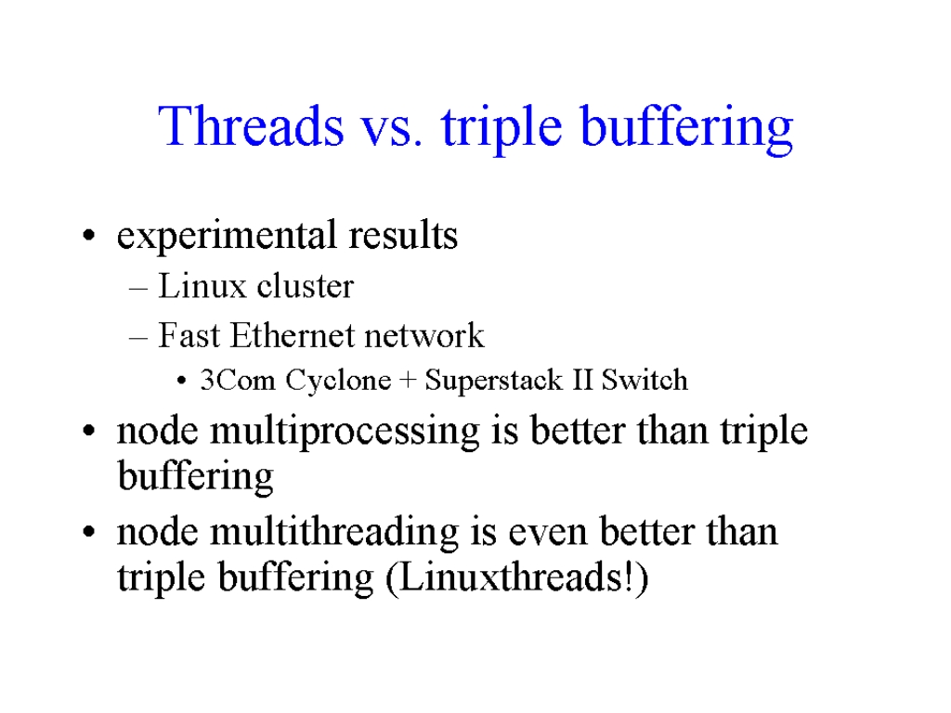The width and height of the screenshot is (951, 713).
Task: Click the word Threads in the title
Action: pyautogui.click(x=251, y=125)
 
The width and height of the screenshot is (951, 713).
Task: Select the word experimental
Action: pyautogui.click(x=227, y=236)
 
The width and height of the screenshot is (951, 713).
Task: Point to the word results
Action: pyautogui.click(x=403, y=235)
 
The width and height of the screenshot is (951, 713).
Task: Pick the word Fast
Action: pyautogui.click(x=189, y=335)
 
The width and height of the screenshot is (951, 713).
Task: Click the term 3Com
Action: pyautogui.click(x=238, y=380)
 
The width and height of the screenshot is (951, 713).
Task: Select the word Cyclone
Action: pyautogui.click(x=338, y=382)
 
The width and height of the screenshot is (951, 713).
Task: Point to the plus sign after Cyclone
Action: pyautogui.click(x=409, y=381)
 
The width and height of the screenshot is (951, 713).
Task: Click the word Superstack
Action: pyautogui.click(x=494, y=382)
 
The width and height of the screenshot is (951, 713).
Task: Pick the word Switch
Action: pyautogui.click(x=645, y=380)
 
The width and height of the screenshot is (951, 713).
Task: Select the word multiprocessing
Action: pyautogui.click(x=345, y=433)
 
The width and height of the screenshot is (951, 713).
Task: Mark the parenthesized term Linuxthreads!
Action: pyautogui.click(x=516, y=577)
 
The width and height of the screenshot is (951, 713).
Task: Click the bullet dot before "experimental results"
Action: pyautogui.click(x=89, y=235)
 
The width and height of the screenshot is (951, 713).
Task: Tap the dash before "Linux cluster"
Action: pyautogui.click(x=138, y=289)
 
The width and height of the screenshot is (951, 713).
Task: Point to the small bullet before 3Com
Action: pyautogui.click(x=181, y=382)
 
